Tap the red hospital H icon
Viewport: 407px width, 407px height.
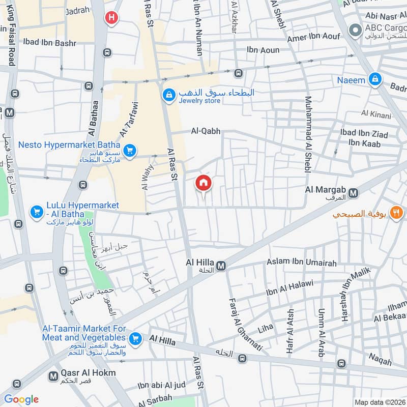[111, 18]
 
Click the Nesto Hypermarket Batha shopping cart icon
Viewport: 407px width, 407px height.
[130, 151]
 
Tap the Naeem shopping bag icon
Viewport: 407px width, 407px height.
[375, 80]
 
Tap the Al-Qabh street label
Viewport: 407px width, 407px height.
[206, 131]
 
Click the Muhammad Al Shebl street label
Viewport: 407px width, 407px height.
[308, 134]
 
